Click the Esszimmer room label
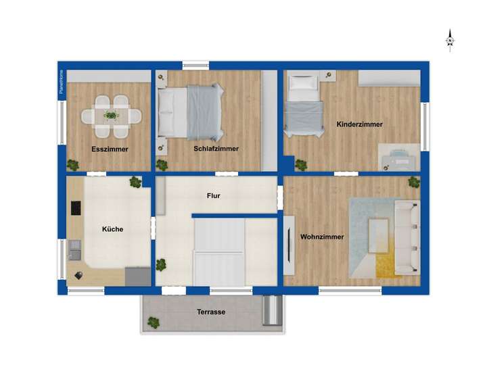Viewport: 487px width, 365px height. click(110, 149)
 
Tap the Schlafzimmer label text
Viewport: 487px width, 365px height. click(216, 149)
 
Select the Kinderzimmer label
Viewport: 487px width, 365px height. click(359, 124)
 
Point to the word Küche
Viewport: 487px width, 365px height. click(112, 229)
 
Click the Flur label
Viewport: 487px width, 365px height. click(214, 196)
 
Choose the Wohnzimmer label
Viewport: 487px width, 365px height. click(322, 237)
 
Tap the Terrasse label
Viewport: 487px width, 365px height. click(211, 312)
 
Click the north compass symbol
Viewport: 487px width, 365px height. click(450, 41)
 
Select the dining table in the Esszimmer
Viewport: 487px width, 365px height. click(112, 115)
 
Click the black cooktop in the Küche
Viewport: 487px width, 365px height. click(75, 208)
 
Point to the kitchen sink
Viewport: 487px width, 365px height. click(74, 249)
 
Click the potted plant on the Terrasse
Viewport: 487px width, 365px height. click(154, 323)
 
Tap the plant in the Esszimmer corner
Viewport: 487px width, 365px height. click(72, 164)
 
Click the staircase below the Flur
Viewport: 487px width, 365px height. click(218, 253)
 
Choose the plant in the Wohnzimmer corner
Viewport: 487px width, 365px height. click(413, 182)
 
